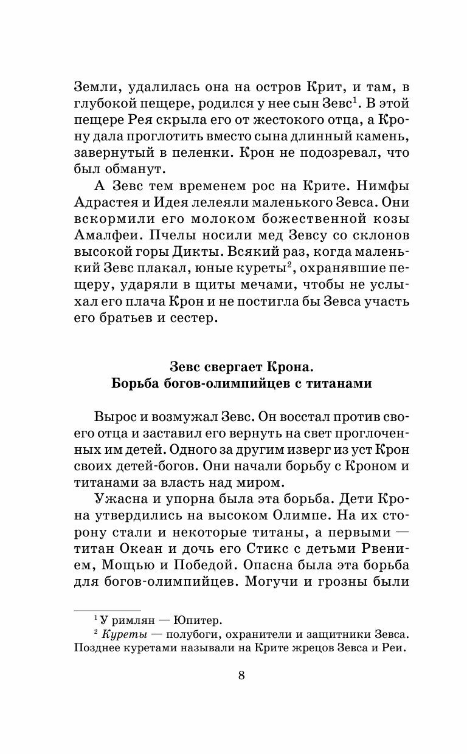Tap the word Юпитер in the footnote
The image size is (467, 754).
[x=198, y=620]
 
